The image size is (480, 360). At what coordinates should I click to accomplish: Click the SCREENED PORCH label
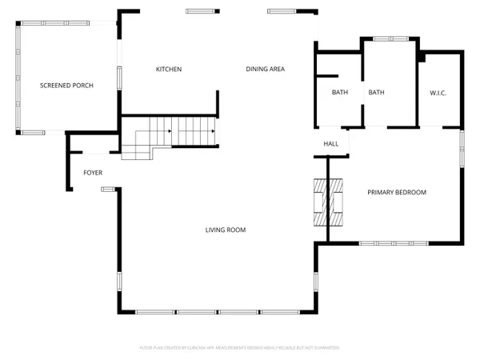(67, 85)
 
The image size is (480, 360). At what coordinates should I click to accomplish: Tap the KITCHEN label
(169, 70)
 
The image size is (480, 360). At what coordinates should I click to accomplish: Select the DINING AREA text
(265, 70)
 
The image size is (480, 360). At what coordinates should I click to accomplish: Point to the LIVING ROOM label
(225, 230)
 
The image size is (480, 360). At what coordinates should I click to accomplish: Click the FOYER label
(93, 173)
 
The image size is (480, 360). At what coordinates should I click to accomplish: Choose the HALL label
(330, 144)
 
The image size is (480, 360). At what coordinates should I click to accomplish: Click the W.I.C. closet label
(438, 93)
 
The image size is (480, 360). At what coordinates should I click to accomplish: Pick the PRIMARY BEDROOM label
(396, 192)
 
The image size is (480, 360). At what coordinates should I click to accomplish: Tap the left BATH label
(340, 93)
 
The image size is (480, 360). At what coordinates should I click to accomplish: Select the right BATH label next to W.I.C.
(376, 93)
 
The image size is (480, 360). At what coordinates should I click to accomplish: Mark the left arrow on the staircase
(169, 130)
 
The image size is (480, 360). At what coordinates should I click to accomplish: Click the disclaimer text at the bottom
(240, 348)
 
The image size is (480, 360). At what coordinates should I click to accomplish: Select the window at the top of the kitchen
(201, 11)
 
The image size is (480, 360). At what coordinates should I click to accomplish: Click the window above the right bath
(390, 38)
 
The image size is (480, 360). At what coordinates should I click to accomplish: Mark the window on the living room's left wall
(120, 284)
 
